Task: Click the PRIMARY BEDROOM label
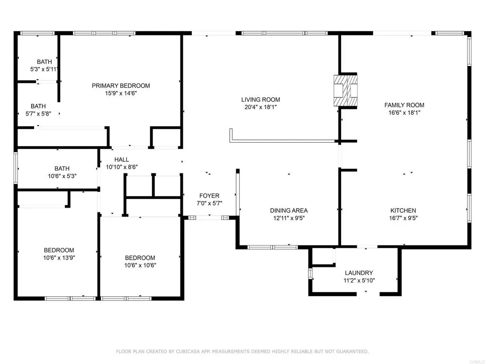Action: point(121,86)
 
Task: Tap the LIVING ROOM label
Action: point(260,100)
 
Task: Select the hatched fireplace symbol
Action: point(345,91)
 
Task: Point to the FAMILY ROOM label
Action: point(404,105)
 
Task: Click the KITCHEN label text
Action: point(403,210)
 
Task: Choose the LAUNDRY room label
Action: point(359,273)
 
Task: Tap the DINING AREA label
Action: point(288,210)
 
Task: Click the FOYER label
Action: point(209,196)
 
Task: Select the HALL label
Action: point(121,160)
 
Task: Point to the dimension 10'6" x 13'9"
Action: point(59,258)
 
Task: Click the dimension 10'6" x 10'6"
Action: point(140,265)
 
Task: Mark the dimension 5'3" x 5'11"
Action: point(45,69)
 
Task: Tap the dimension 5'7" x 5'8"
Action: point(38,114)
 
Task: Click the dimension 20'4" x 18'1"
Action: point(260,107)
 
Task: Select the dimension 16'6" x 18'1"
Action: point(404,113)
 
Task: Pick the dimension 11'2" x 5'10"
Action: point(359,281)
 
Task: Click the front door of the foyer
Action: point(209,218)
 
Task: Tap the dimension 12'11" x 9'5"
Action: point(288,218)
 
